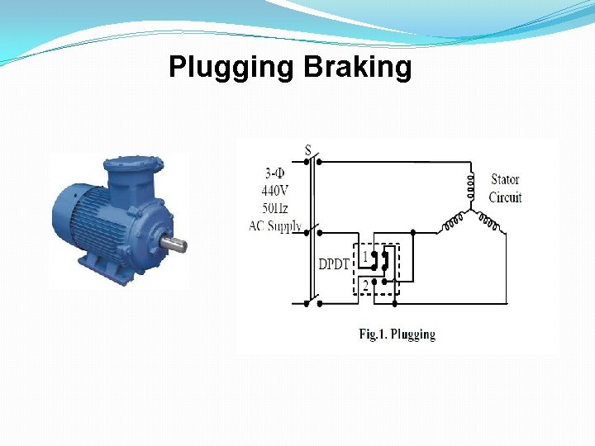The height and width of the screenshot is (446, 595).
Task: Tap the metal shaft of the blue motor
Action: click(174, 244)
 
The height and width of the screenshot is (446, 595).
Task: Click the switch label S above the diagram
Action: click(307, 150)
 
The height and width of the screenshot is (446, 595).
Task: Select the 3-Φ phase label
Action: click(276, 173)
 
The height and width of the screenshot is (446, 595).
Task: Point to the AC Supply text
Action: click(275, 225)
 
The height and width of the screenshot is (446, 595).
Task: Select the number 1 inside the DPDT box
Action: click(364, 256)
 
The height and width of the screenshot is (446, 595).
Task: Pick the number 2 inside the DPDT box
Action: click(364, 286)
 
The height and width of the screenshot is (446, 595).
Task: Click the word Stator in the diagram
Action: click(504, 179)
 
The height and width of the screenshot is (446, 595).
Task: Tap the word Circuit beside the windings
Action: click(505, 197)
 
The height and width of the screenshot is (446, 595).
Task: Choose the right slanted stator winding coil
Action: click(488, 221)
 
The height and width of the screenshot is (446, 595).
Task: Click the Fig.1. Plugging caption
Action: click(397, 334)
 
